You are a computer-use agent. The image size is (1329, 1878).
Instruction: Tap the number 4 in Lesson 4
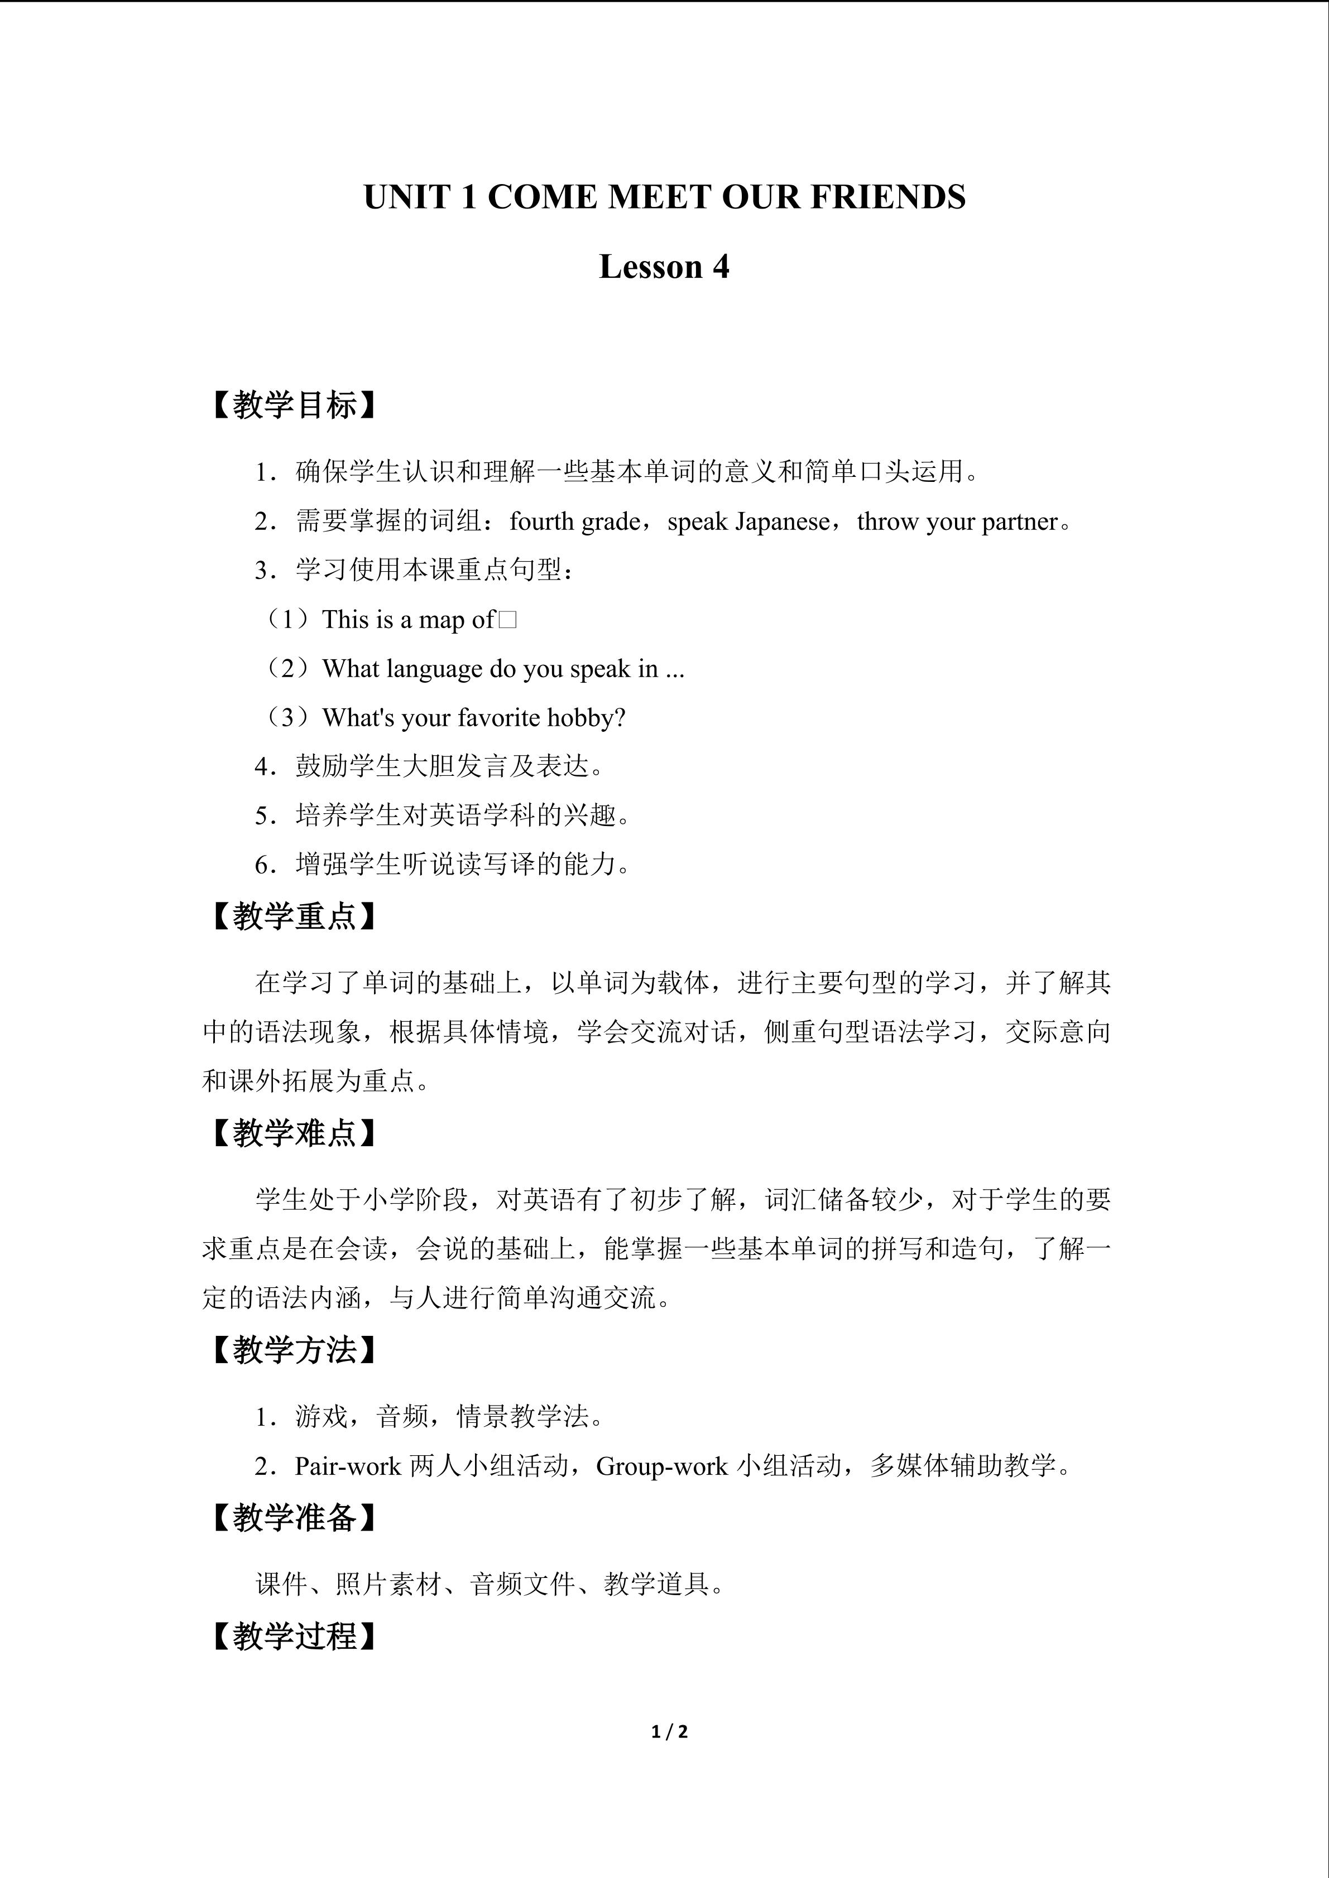[x=720, y=267]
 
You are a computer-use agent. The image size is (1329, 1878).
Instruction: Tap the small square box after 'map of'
[x=507, y=620]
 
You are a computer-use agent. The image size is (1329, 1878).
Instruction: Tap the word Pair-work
[x=348, y=1466]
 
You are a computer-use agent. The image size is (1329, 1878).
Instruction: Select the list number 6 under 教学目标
[x=261, y=865]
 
